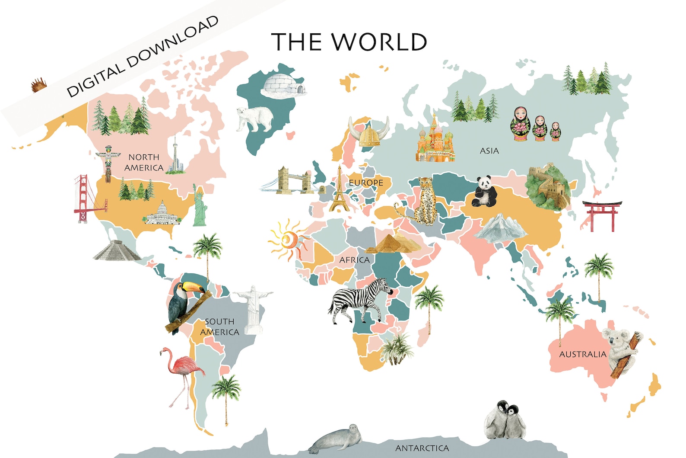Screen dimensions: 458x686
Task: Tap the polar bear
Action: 255,118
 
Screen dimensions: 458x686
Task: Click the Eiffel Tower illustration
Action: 339,190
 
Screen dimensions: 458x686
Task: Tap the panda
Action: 485,192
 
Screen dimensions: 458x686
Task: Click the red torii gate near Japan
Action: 602,215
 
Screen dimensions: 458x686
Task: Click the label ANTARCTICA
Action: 422,448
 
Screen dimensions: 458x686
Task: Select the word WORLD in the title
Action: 379,42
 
